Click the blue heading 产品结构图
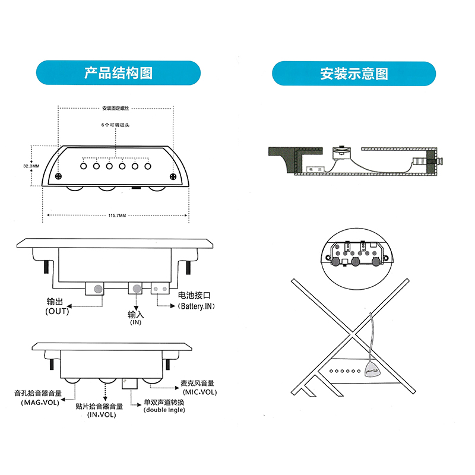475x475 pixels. click(x=118, y=73)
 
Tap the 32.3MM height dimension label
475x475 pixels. click(x=31, y=166)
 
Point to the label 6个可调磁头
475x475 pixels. click(x=115, y=126)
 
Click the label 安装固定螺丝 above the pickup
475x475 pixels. click(x=115, y=108)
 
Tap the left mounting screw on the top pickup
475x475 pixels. click(x=58, y=176)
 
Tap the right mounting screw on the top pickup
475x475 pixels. click(x=173, y=176)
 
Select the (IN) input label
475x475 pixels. click(x=135, y=322)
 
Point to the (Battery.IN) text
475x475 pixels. click(x=195, y=306)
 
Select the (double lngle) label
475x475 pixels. click(x=164, y=410)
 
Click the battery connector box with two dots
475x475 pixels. click(x=160, y=289)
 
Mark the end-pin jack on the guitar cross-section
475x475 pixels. click(x=439, y=160)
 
